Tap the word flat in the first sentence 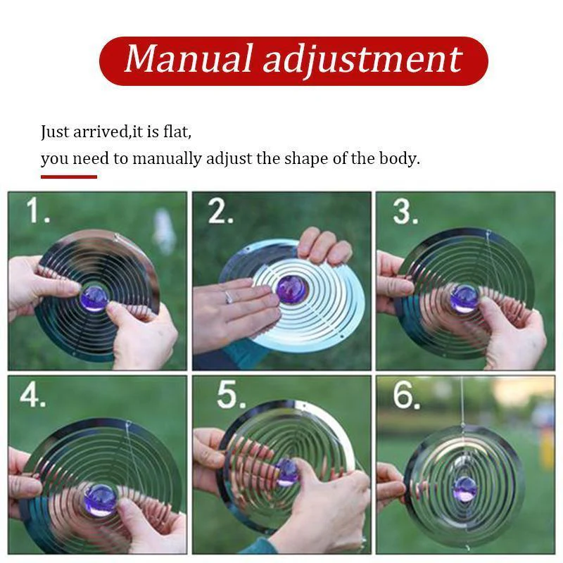tap(177, 132)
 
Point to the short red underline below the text tap(68, 177)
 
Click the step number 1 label tap(37, 210)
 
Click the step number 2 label tap(220, 210)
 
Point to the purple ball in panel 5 tap(287, 472)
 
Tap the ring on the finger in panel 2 tap(229, 296)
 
